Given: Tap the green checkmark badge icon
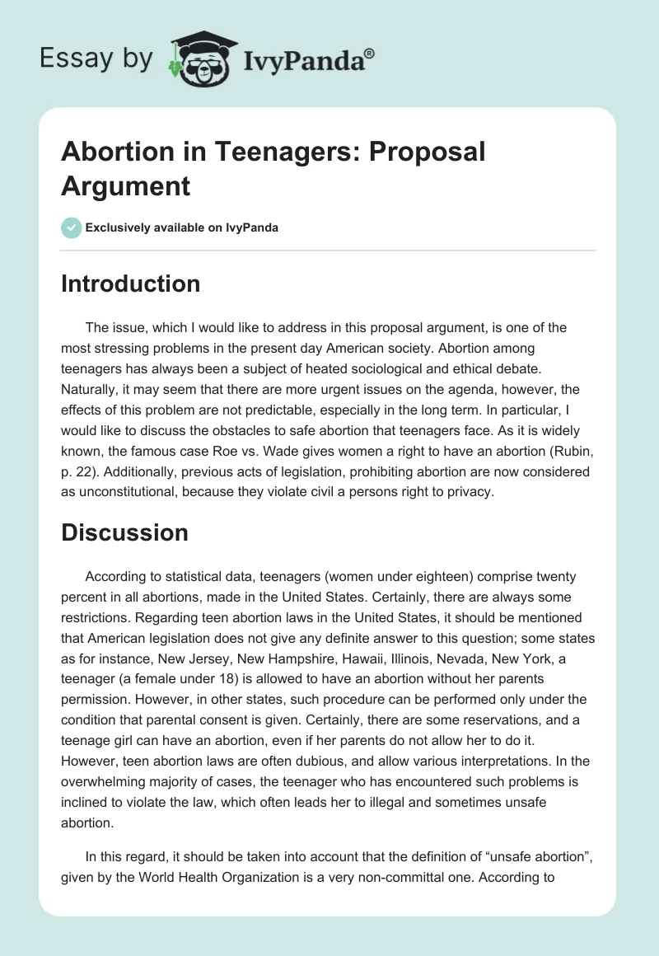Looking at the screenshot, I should [71, 227].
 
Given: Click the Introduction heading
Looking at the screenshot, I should [131, 284].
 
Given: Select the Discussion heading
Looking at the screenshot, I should [124, 532].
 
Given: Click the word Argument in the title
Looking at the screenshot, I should [126, 185].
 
